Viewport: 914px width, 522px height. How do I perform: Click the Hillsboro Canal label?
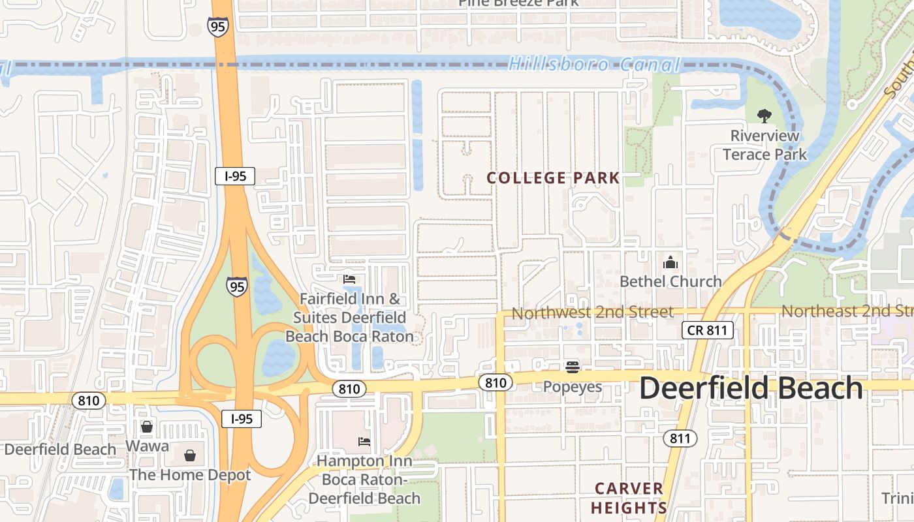click(594, 65)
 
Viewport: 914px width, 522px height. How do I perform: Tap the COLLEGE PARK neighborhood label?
click(553, 178)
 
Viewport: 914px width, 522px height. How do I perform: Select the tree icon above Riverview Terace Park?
click(764, 116)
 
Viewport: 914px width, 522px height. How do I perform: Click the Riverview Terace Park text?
click(764, 146)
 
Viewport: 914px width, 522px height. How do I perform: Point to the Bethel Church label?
click(670, 281)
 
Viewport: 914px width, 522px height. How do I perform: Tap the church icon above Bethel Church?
click(670, 263)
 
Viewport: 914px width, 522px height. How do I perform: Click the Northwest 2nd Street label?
click(592, 313)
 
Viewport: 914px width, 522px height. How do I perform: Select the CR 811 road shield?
click(708, 330)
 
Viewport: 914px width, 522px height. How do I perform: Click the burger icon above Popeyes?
click(573, 367)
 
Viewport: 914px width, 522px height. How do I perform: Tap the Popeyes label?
click(573, 387)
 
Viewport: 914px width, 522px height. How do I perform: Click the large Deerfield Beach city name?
click(751, 388)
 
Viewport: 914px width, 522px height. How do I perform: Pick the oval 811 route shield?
click(680, 438)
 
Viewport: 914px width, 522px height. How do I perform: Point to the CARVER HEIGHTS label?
click(630, 498)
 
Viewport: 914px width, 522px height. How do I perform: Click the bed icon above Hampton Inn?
click(364, 442)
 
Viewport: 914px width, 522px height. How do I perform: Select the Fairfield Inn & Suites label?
click(349, 318)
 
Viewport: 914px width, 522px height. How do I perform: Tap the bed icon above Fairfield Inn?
click(349, 279)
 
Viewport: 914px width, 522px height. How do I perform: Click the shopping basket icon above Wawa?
click(147, 427)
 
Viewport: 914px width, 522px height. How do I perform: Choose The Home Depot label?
click(190, 475)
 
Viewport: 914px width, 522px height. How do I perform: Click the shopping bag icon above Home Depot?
click(189, 455)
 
